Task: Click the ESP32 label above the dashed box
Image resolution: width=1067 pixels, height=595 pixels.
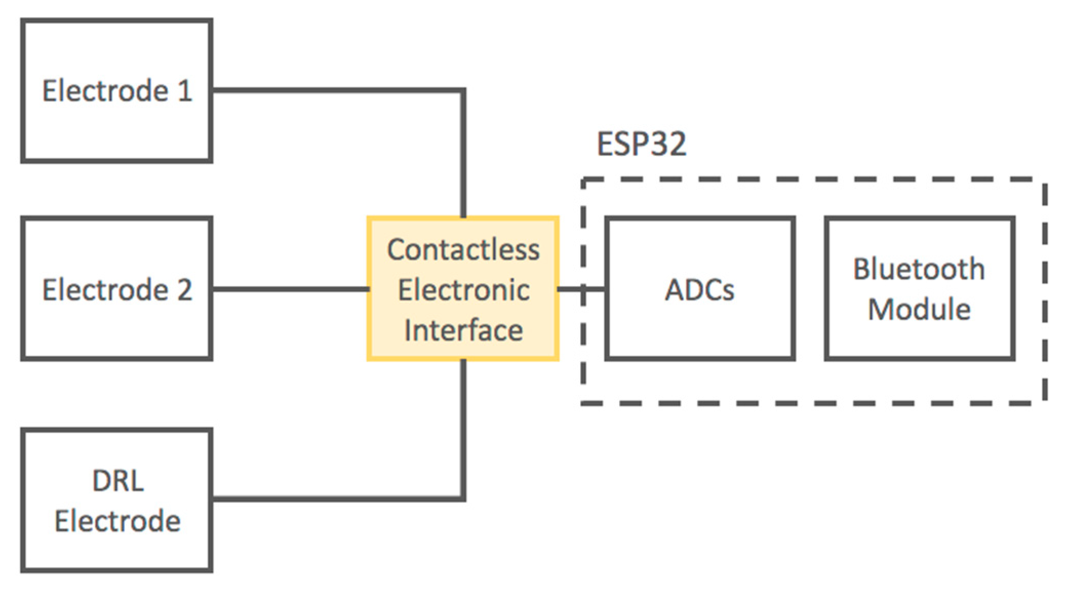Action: pos(641,144)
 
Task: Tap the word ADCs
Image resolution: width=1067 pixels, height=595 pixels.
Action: pos(700,290)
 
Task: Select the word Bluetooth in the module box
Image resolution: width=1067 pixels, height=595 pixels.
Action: pos(919,269)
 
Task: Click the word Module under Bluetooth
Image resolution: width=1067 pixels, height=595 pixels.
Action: pos(919,309)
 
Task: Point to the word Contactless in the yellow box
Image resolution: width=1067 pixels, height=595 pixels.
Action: pos(463,250)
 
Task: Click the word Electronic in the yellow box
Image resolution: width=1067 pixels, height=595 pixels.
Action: pos(463,290)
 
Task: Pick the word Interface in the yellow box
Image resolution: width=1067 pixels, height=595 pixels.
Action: pos(463,330)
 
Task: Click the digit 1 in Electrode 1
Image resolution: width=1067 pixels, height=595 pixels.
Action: pos(185,91)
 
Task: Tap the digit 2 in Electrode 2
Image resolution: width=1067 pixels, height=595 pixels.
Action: pos(185,290)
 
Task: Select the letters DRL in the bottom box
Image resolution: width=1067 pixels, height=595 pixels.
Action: pos(117,481)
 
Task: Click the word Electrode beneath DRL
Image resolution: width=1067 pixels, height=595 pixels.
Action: pos(117,521)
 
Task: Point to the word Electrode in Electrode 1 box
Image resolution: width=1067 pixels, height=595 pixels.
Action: pos(105,91)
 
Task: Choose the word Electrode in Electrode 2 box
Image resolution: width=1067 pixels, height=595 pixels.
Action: pos(105,290)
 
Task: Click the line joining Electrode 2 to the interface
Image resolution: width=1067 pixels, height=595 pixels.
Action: pos(290,289)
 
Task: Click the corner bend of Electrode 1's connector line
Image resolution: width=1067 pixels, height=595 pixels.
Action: pos(463,91)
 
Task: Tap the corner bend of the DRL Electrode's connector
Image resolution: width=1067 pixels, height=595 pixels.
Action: pos(463,498)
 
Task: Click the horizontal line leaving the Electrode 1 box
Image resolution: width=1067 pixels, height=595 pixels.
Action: pos(333,91)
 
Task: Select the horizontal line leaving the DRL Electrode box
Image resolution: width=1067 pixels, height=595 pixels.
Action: pos(333,498)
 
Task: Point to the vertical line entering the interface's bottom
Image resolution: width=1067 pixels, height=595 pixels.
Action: pos(463,426)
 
